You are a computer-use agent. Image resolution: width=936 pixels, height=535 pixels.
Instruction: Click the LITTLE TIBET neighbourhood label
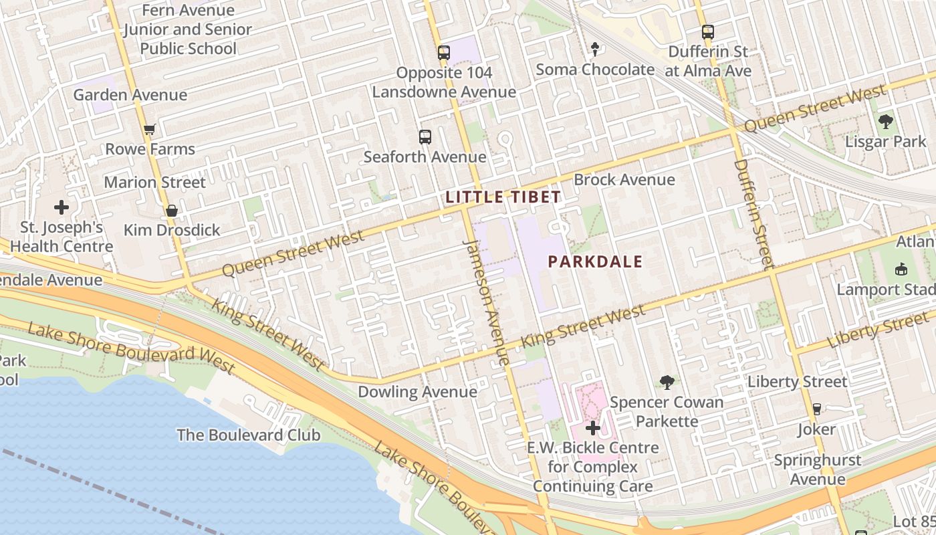503,197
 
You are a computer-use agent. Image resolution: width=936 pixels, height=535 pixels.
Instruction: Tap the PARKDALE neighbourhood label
595,261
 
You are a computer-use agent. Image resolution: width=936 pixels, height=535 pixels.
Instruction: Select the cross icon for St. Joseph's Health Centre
62,207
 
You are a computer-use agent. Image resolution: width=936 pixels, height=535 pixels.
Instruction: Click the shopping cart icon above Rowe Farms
150,130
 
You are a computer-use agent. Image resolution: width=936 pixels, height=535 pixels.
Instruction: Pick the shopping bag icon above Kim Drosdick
172,211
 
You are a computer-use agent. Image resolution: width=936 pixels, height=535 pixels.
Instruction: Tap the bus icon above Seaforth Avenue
425,137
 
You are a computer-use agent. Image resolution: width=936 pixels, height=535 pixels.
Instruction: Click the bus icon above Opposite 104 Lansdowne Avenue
444,53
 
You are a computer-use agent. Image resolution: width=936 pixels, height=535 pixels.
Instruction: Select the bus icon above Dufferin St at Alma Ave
708,32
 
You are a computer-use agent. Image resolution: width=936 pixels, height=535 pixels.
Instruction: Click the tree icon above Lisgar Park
886,122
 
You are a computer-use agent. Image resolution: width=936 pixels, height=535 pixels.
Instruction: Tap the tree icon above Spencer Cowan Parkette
667,383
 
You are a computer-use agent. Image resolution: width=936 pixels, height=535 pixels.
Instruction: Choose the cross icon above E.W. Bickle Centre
593,428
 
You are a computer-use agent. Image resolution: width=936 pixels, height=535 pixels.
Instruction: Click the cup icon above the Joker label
816,409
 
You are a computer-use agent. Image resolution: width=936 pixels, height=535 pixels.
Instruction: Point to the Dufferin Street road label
753,211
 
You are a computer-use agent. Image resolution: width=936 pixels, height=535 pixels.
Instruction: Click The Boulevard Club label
249,435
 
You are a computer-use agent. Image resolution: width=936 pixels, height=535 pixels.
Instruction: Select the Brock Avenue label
624,180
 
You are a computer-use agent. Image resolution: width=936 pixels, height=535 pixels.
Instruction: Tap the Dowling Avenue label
418,392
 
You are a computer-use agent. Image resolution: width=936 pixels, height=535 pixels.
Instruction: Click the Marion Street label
155,182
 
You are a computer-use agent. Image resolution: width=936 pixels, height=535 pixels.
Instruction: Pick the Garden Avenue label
130,95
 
